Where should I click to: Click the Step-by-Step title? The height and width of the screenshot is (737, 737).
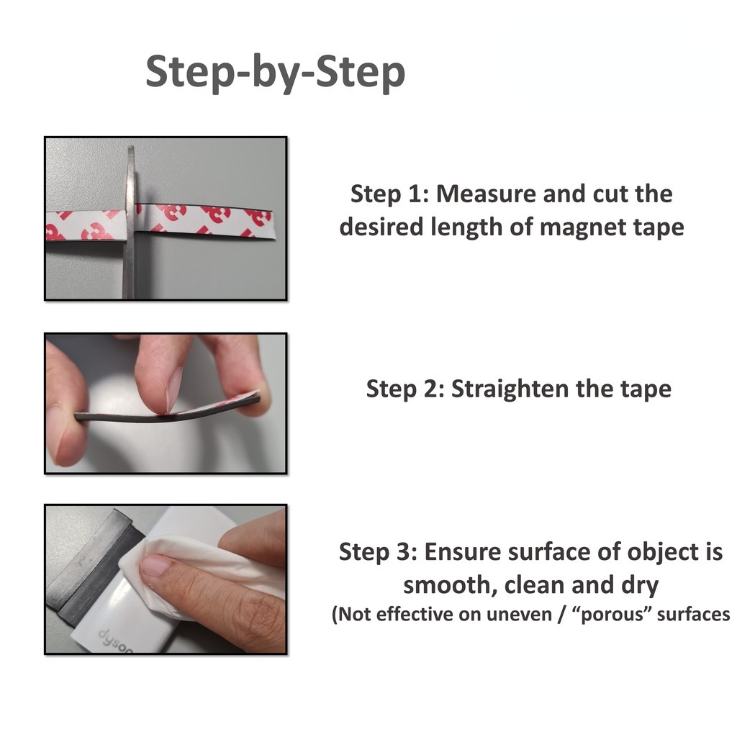click(x=276, y=73)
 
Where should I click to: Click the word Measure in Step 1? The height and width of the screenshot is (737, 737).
click(x=486, y=194)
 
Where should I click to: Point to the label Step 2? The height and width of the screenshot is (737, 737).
click(x=405, y=389)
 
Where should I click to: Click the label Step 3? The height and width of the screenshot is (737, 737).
click(x=378, y=552)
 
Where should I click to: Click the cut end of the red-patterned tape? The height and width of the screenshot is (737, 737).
click(x=273, y=225)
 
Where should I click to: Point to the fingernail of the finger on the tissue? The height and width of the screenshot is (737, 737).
click(x=155, y=565)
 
